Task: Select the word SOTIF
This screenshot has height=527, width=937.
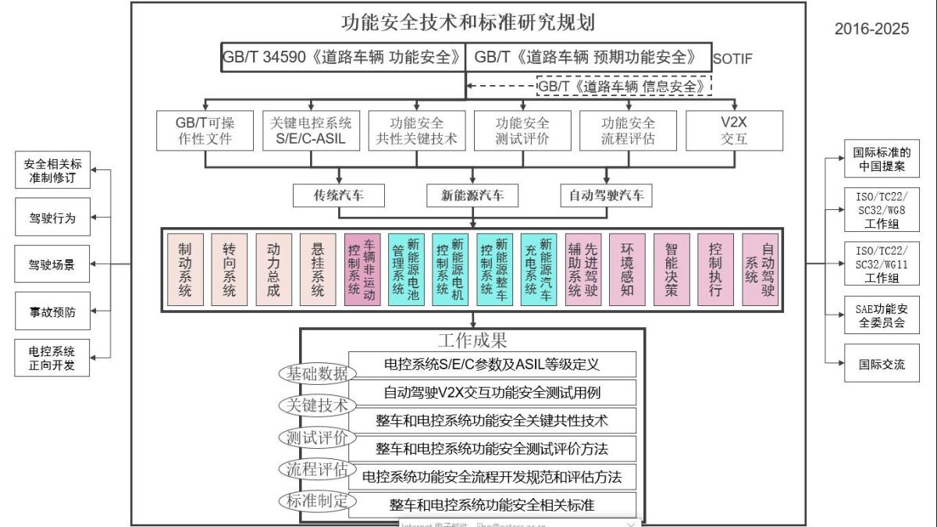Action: (x=732, y=59)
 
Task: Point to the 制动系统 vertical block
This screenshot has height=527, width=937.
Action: (x=184, y=269)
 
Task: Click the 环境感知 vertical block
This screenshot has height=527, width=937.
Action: (x=627, y=269)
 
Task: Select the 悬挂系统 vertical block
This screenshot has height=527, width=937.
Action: (x=318, y=269)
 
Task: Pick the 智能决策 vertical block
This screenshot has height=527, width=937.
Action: (x=672, y=269)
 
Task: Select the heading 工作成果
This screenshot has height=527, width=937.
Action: (x=472, y=340)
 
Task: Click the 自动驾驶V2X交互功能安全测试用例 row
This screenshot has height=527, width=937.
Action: (x=492, y=392)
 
